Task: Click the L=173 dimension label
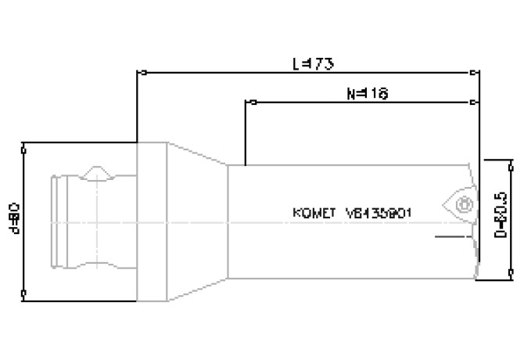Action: coord(307,63)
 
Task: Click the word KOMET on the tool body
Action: coord(314,212)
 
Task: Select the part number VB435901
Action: coord(379,212)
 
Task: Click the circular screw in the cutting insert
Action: coord(461,205)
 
